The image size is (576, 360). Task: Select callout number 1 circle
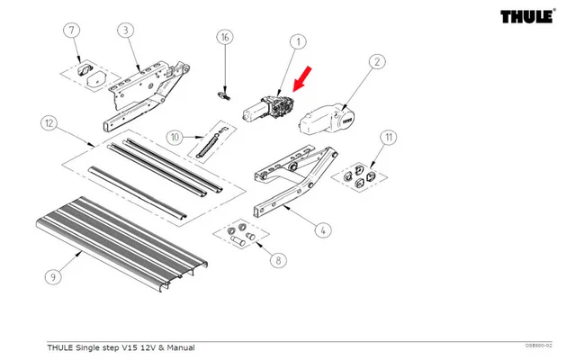[x=296, y=42]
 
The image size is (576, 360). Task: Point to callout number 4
[x=322, y=229]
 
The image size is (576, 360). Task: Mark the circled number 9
[x=53, y=277]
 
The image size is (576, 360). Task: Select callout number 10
[x=175, y=137]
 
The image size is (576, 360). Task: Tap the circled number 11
[x=389, y=138]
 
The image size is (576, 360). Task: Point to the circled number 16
[x=225, y=37]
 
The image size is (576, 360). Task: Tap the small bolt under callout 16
[x=226, y=92]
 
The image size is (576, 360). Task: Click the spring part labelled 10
[x=210, y=140]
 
